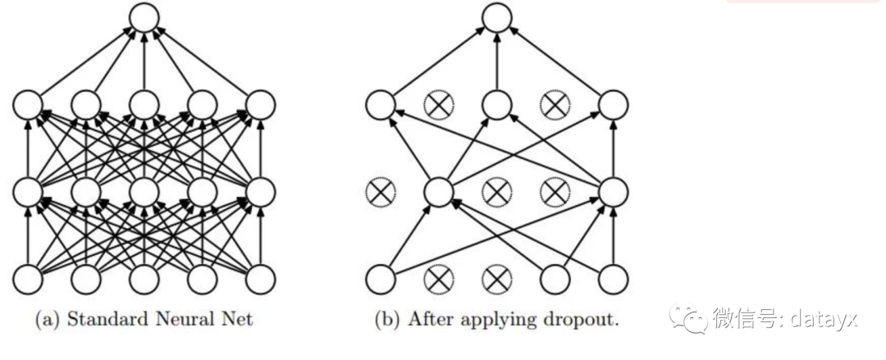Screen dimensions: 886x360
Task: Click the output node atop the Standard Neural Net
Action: click(144, 17)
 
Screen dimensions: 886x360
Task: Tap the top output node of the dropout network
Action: click(497, 17)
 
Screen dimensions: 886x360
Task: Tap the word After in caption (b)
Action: click(427, 319)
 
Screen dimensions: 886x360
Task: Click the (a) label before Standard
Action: click(48, 319)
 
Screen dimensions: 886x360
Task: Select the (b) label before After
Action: click(386, 319)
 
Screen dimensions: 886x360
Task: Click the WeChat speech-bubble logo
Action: click(687, 317)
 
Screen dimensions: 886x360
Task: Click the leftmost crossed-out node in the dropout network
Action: click(381, 192)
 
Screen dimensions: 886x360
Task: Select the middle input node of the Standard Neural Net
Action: click(144, 280)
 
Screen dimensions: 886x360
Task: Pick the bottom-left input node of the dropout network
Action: click(381, 280)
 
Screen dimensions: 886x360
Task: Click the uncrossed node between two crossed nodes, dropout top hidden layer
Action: click(497, 105)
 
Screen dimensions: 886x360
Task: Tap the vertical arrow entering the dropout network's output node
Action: click(497, 62)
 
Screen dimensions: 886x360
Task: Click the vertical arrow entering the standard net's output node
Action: click(144, 62)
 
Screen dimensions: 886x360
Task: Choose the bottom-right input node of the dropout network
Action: click(614, 280)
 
